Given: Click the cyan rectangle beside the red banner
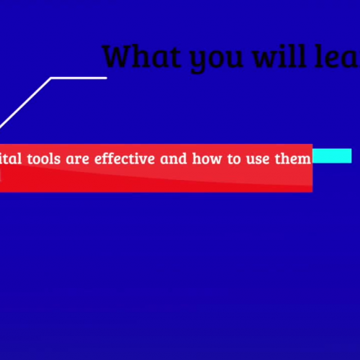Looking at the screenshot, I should [332, 156].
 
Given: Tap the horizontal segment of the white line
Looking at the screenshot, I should [79, 78].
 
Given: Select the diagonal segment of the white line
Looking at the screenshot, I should [25, 102].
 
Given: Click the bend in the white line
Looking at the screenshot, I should [52, 78].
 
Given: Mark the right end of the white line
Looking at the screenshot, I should [106, 78].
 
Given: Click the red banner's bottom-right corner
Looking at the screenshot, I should [311, 191].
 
